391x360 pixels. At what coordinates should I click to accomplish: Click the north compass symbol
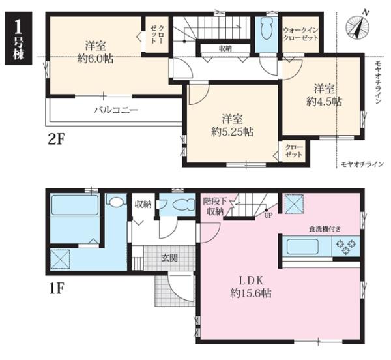click(357, 26)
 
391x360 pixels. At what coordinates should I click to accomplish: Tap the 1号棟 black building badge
click(19, 38)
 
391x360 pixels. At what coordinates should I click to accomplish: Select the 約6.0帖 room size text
click(96, 59)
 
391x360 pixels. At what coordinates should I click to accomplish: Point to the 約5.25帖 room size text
click(233, 132)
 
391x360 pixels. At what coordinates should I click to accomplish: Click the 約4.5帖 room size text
click(324, 101)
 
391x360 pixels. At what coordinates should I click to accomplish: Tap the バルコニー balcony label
click(116, 110)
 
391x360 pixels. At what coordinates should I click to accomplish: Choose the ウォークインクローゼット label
click(300, 34)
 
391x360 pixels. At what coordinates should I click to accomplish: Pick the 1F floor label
click(56, 288)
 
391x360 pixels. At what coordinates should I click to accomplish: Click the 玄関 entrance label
click(169, 258)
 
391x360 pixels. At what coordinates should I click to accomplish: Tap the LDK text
click(251, 281)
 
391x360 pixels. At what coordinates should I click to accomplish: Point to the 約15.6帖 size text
click(251, 293)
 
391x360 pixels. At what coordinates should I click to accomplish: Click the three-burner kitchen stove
click(346, 247)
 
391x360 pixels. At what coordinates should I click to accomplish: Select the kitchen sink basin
click(303, 247)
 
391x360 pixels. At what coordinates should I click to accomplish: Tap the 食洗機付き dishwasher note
click(325, 229)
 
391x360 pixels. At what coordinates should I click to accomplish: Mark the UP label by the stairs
click(268, 215)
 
